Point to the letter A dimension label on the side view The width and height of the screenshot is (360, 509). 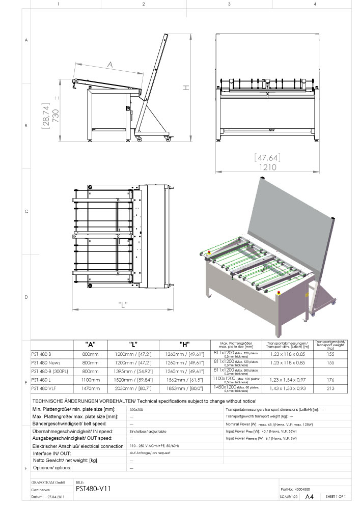(110, 65)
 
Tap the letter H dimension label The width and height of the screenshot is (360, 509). (186, 88)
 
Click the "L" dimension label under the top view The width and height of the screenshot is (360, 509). (122, 305)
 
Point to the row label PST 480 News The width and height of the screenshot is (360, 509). (45, 362)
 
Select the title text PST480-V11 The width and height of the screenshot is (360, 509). (93, 488)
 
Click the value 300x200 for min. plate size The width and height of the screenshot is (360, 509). (138, 409)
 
